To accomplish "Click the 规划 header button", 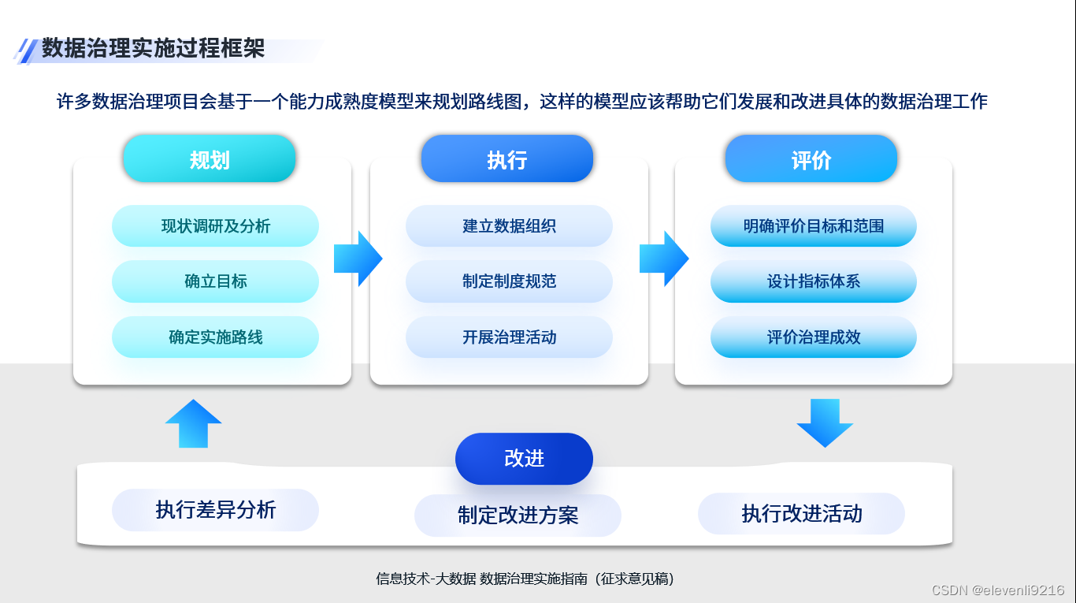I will coord(210,159).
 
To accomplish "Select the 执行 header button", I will coord(506,159).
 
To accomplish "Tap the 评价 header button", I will coord(811,159).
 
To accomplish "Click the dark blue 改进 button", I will coord(524,459).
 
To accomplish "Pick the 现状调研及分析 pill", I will coord(215,226).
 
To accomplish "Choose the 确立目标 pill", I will coord(215,281).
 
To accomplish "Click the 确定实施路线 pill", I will coord(215,337).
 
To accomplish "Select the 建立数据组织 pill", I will coord(509,226).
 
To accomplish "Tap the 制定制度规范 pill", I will coord(509,281).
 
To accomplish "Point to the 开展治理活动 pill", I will coord(509,337).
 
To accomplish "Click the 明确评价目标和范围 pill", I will coord(813,226).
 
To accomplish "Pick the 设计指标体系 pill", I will coord(813,281).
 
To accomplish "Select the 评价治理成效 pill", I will coord(813,337).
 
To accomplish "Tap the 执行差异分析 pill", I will coord(215,510).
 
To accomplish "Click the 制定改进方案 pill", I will coord(518,516).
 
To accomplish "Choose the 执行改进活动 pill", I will coord(801,514).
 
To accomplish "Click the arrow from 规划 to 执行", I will coord(358,259).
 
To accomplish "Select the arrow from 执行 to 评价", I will coord(664,259).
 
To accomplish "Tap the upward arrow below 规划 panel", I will coord(193,424).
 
